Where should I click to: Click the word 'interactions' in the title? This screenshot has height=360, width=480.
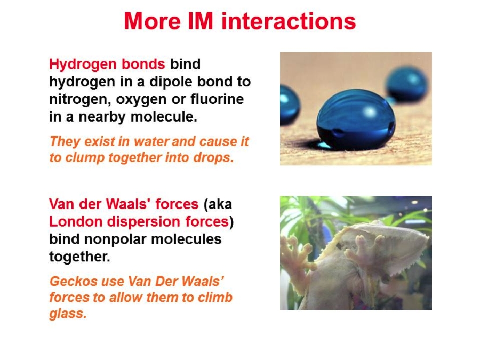(x=289, y=21)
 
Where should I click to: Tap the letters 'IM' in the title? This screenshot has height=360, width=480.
(x=200, y=21)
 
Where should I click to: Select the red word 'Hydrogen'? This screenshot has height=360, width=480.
(x=83, y=65)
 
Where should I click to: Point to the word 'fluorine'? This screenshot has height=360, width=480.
(x=217, y=99)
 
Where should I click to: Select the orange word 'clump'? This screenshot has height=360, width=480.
(x=85, y=158)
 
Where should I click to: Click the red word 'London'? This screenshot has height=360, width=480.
(x=76, y=222)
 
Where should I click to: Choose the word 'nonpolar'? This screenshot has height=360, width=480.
(x=115, y=239)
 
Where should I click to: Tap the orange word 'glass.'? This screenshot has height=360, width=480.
(x=68, y=314)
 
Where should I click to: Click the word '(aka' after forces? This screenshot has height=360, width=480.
(x=218, y=204)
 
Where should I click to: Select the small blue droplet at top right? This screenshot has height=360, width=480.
(x=407, y=84)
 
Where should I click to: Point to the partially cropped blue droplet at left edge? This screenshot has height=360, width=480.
(x=289, y=105)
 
